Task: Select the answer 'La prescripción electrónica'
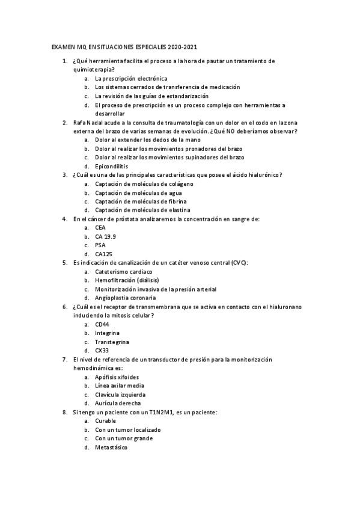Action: tap(130, 78)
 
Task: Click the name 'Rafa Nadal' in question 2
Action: tap(89, 122)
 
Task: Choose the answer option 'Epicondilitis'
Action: tap(111, 166)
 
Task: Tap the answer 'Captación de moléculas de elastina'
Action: tap(142, 210)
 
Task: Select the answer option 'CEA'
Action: tap(100, 228)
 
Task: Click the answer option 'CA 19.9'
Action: tap(105, 236)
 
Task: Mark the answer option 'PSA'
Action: tap(100, 245)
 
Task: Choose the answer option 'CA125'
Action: tap(103, 254)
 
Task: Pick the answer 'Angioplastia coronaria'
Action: tap(125, 298)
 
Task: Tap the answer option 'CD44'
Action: tap(102, 324)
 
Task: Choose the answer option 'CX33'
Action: tap(102, 350)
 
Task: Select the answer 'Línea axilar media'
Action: tap(119, 386)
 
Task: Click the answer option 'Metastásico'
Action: tap(111, 447)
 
